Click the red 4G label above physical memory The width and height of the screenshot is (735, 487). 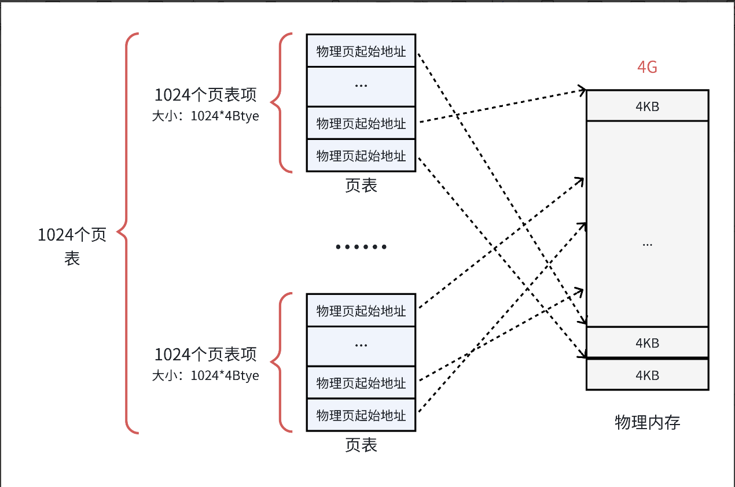(x=647, y=68)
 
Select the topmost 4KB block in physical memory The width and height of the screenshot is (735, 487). (x=647, y=106)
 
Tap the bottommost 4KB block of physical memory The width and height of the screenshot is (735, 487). (x=647, y=375)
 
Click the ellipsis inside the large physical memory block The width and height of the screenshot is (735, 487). (x=647, y=244)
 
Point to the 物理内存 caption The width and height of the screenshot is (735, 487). (x=647, y=422)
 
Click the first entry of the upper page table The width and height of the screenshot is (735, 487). (x=361, y=51)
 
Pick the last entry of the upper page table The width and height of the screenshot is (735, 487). (x=361, y=156)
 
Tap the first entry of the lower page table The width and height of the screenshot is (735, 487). (x=361, y=311)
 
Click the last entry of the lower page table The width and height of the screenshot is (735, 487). (x=361, y=415)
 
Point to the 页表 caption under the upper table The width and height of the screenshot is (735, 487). (x=361, y=185)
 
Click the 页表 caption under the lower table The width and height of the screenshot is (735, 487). (x=361, y=445)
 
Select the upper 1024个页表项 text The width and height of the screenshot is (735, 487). (x=205, y=95)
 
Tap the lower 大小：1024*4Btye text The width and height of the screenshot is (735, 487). (x=205, y=375)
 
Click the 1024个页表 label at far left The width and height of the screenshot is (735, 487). (x=72, y=246)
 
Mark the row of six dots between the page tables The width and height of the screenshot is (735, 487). (x=361, y=247)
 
